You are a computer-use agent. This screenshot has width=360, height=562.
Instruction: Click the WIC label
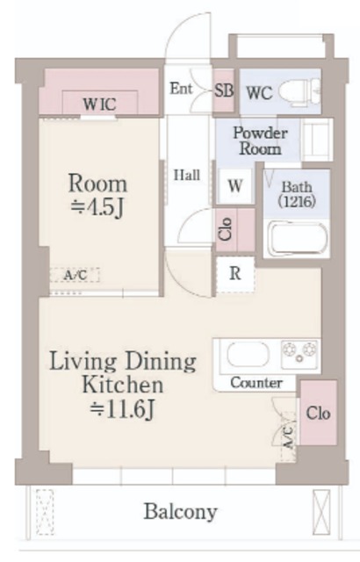(99, 104)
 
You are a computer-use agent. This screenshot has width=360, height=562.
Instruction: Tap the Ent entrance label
(181, 89)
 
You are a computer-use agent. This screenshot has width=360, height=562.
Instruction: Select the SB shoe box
(224, 90)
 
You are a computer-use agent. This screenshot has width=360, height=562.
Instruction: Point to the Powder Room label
(261, 140)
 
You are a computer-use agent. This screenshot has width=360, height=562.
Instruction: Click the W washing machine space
(235, 186)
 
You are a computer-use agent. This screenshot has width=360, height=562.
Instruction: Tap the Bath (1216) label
(297, 194)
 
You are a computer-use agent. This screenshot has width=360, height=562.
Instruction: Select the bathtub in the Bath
(297, 238)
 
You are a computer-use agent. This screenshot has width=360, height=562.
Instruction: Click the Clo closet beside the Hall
(235, 230)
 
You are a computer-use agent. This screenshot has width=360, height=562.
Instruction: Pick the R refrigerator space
(235, 274)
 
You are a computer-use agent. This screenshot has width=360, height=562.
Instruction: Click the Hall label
(187, 176)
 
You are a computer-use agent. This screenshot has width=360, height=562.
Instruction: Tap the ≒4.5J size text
(97, 208)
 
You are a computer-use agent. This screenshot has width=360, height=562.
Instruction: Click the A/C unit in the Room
(75, 275)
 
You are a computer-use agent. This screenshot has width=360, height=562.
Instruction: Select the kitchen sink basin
(248, 355)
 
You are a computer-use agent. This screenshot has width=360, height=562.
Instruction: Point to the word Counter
(256, 383)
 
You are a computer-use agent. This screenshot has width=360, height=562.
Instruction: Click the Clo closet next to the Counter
(318, 413)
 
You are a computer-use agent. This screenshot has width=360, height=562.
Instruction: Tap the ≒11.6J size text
(122, 409)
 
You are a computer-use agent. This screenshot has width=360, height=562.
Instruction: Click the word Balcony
(181, 512)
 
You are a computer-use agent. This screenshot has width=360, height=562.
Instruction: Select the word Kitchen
(123, 385)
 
